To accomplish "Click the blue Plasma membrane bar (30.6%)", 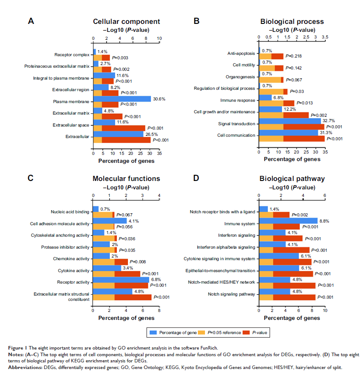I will click(x=122, y=99).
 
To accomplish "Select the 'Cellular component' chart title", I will click(x=126, y=22).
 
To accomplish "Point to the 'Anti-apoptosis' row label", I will click(x=241, y=53).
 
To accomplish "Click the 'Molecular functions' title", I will click(x=126, y=179).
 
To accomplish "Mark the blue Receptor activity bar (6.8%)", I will click(x=121, y=279).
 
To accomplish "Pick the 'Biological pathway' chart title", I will click(x=292, y=179).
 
